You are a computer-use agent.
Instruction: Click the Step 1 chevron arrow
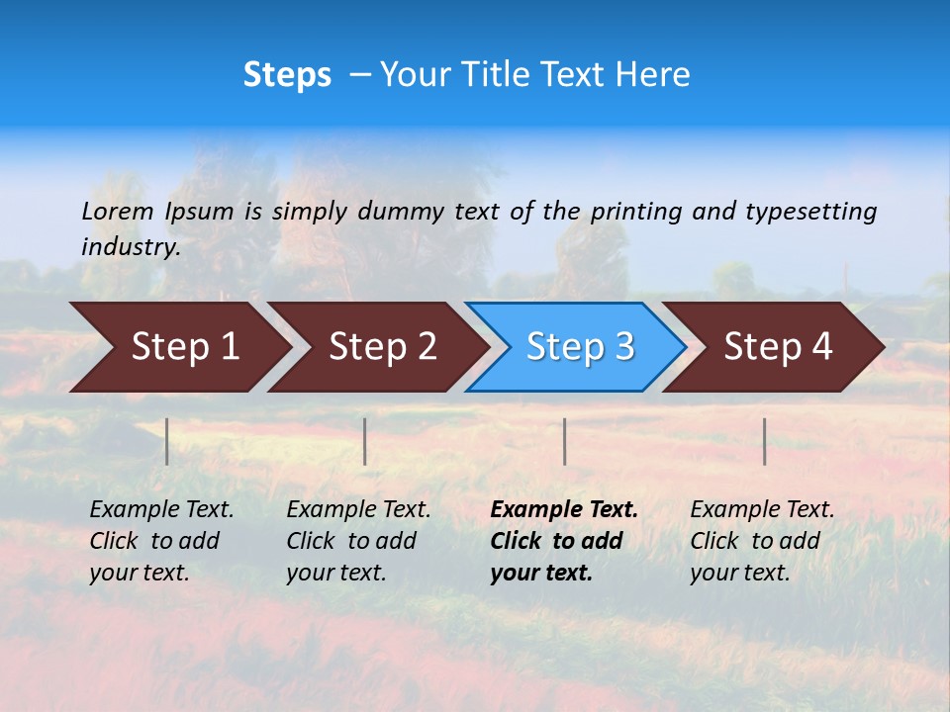(178, 347)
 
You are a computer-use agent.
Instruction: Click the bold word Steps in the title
(287, 74)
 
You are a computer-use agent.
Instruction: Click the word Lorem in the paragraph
(118, 211)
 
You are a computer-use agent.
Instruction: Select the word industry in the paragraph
(131, 247)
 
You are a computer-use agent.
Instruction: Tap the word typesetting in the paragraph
(810, 211)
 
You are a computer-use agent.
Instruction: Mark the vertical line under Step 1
(167, 441)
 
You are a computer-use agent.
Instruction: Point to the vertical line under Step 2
(365, 441)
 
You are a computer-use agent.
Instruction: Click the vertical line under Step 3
(564, 441)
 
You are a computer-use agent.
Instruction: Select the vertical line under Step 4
(765, 441)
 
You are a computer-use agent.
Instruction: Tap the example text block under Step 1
(161, 541)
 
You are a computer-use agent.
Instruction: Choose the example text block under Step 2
(358, 541)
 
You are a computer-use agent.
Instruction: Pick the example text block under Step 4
(762, 541)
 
